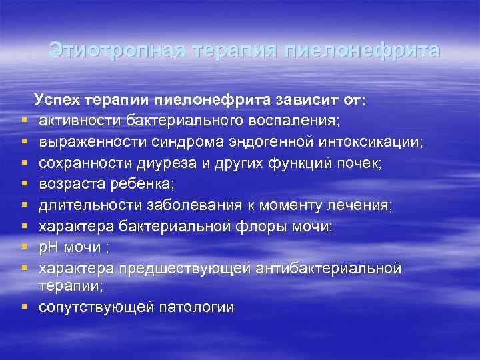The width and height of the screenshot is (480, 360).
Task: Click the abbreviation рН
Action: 49,247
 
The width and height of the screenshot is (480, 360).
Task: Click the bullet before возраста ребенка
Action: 24,184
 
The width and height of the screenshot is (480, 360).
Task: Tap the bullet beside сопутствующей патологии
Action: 24,307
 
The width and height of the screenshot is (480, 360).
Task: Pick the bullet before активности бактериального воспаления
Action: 24,121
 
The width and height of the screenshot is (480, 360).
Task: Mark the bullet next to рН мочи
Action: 24,247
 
